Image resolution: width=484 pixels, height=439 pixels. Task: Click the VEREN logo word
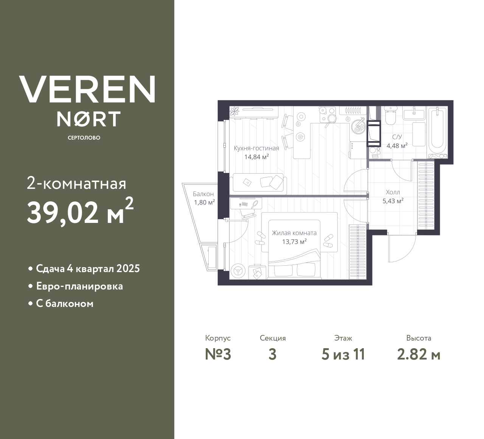(87, 89)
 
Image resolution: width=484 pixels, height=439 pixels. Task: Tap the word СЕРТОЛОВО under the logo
(84, 138)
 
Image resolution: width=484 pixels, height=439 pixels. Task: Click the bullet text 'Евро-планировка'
(79, 286)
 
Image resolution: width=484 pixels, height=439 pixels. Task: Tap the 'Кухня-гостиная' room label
(256, 148)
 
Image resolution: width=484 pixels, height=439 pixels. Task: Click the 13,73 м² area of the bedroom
(294, 241)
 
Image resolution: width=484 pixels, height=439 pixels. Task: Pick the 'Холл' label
(393, 192)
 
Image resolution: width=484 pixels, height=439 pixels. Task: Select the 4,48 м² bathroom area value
(397, 146)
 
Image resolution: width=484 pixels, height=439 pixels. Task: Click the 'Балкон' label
(203, 194)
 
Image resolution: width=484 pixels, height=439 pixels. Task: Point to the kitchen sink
(358, 126)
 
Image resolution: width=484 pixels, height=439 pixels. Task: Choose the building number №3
(218, 354)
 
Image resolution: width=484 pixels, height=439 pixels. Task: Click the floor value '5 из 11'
(343, 354)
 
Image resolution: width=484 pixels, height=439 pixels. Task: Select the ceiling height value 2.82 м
(419, 354)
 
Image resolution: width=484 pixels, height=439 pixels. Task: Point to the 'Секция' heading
(273, 338)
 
